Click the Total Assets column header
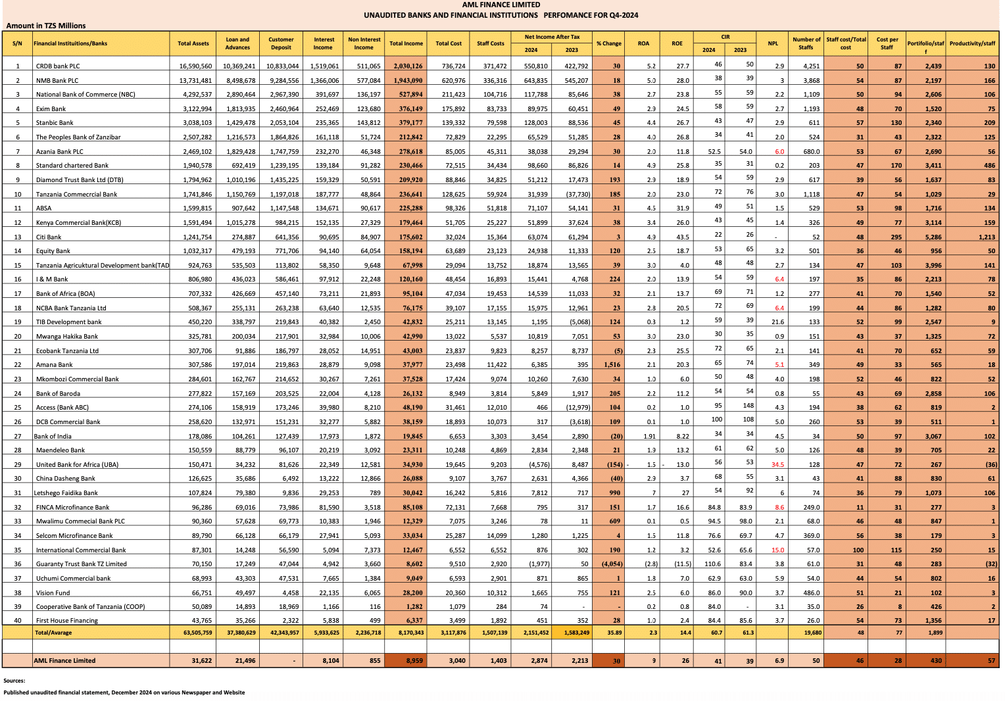193,43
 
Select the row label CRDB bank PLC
58,66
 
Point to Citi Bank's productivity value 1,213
986,237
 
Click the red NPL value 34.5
777,465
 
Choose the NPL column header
773,43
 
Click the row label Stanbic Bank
55,123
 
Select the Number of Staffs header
806,43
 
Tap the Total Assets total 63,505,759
193,633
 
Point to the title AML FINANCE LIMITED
501,5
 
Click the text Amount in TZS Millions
46,26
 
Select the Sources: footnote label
14,681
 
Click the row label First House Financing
66,621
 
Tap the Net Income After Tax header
552,37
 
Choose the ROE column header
677,43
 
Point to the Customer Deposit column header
281,43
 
